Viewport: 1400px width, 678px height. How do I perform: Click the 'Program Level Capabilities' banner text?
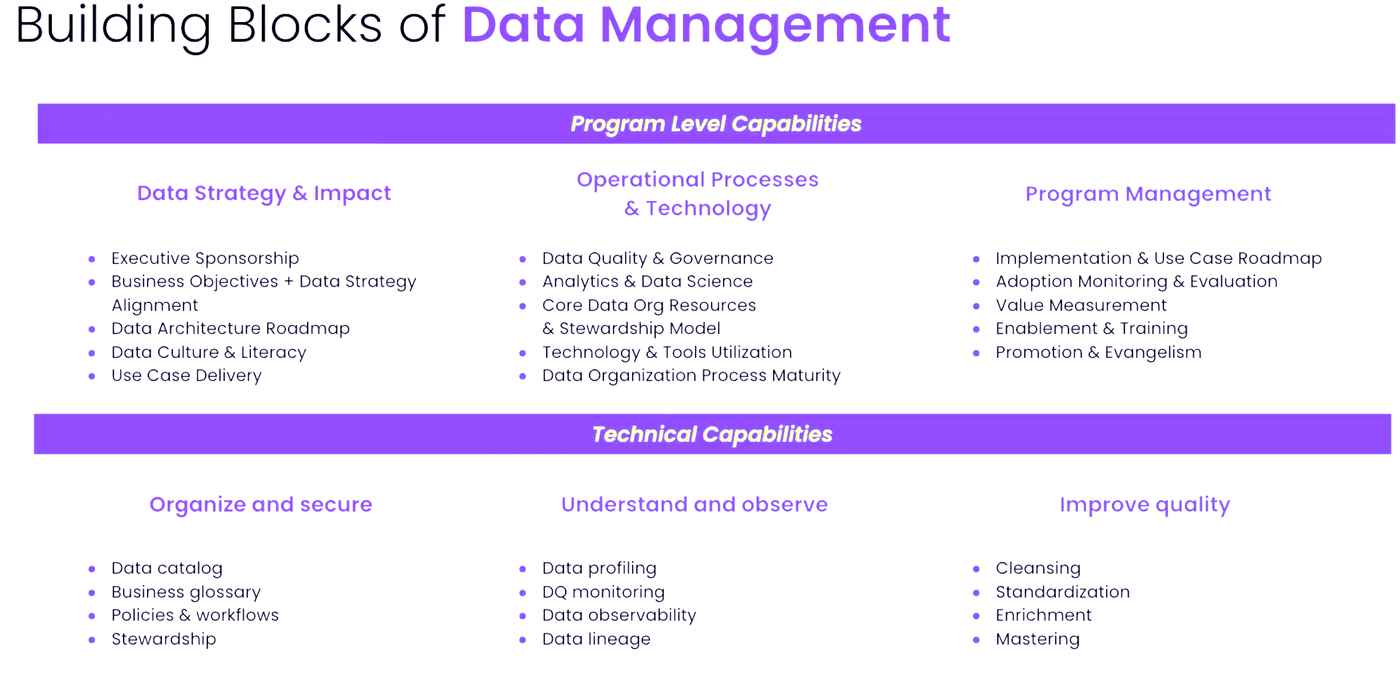(716, 124)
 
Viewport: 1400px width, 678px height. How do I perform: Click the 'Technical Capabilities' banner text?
(712, 434)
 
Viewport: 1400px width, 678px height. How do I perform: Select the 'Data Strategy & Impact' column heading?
(264, 194)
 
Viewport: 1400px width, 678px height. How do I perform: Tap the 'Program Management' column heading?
(1148, 194)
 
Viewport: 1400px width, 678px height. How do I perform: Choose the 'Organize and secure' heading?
(261, 505)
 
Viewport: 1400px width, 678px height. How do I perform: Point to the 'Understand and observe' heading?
(694, 504)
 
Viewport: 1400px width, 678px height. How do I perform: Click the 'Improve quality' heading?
(1145, 505)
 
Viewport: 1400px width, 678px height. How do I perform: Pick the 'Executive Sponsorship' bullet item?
(205, 258)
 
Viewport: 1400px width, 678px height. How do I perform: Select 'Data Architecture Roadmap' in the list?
(231, 329)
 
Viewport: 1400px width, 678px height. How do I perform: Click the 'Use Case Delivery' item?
(186, 376)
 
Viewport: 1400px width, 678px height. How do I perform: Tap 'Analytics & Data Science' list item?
(647, 281)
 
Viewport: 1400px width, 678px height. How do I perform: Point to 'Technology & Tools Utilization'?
(667, 352)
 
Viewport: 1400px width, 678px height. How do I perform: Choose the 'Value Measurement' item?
(1081, 305)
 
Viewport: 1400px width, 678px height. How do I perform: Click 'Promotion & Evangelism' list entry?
(1098, 352)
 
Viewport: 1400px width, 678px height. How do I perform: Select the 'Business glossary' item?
(186, 592)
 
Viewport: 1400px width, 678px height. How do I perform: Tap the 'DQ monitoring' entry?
(603, 592)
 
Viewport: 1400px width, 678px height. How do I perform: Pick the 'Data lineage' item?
(596, 639)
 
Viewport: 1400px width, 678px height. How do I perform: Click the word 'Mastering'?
(1038, 639)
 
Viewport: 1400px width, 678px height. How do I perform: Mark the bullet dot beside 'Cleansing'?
(976, 569)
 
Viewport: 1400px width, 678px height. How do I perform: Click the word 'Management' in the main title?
(775, 26)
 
